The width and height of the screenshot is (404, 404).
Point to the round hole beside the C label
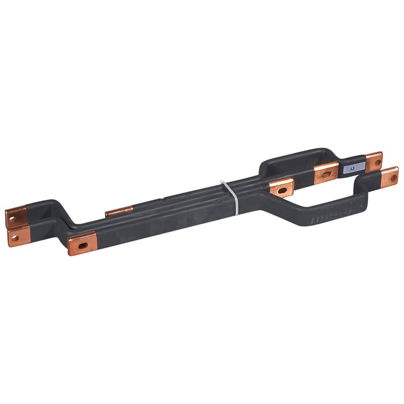pos(378,163)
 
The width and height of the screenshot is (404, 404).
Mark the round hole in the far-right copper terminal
pos(393,178)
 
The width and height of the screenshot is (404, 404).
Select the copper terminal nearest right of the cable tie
pos(282,188)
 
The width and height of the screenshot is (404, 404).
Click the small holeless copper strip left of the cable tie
pos(119,211)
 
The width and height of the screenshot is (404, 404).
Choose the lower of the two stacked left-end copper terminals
pos(19,234)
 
